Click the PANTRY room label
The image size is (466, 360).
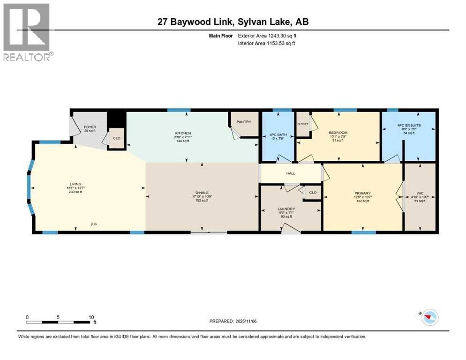pyautogui.click(x=244, y=122)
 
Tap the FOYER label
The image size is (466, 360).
pyautogui.click(x=90, y=127)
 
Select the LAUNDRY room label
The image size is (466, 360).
pyautogui.click(x=286, y=209)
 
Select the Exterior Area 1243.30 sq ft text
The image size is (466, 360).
pyautogui.click(x=267, y=36)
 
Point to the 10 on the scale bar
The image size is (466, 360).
pyautogui.click(x=91, y=317)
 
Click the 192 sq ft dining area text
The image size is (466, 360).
pyautogui.click(x=202, y=200)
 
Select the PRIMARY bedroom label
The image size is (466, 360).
pyautogui.click(x=362, y=193)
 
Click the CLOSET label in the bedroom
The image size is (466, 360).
pyautogui.click(x=302, y=124)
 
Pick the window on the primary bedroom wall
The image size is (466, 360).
pyautogui.click(x=363, y=232)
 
